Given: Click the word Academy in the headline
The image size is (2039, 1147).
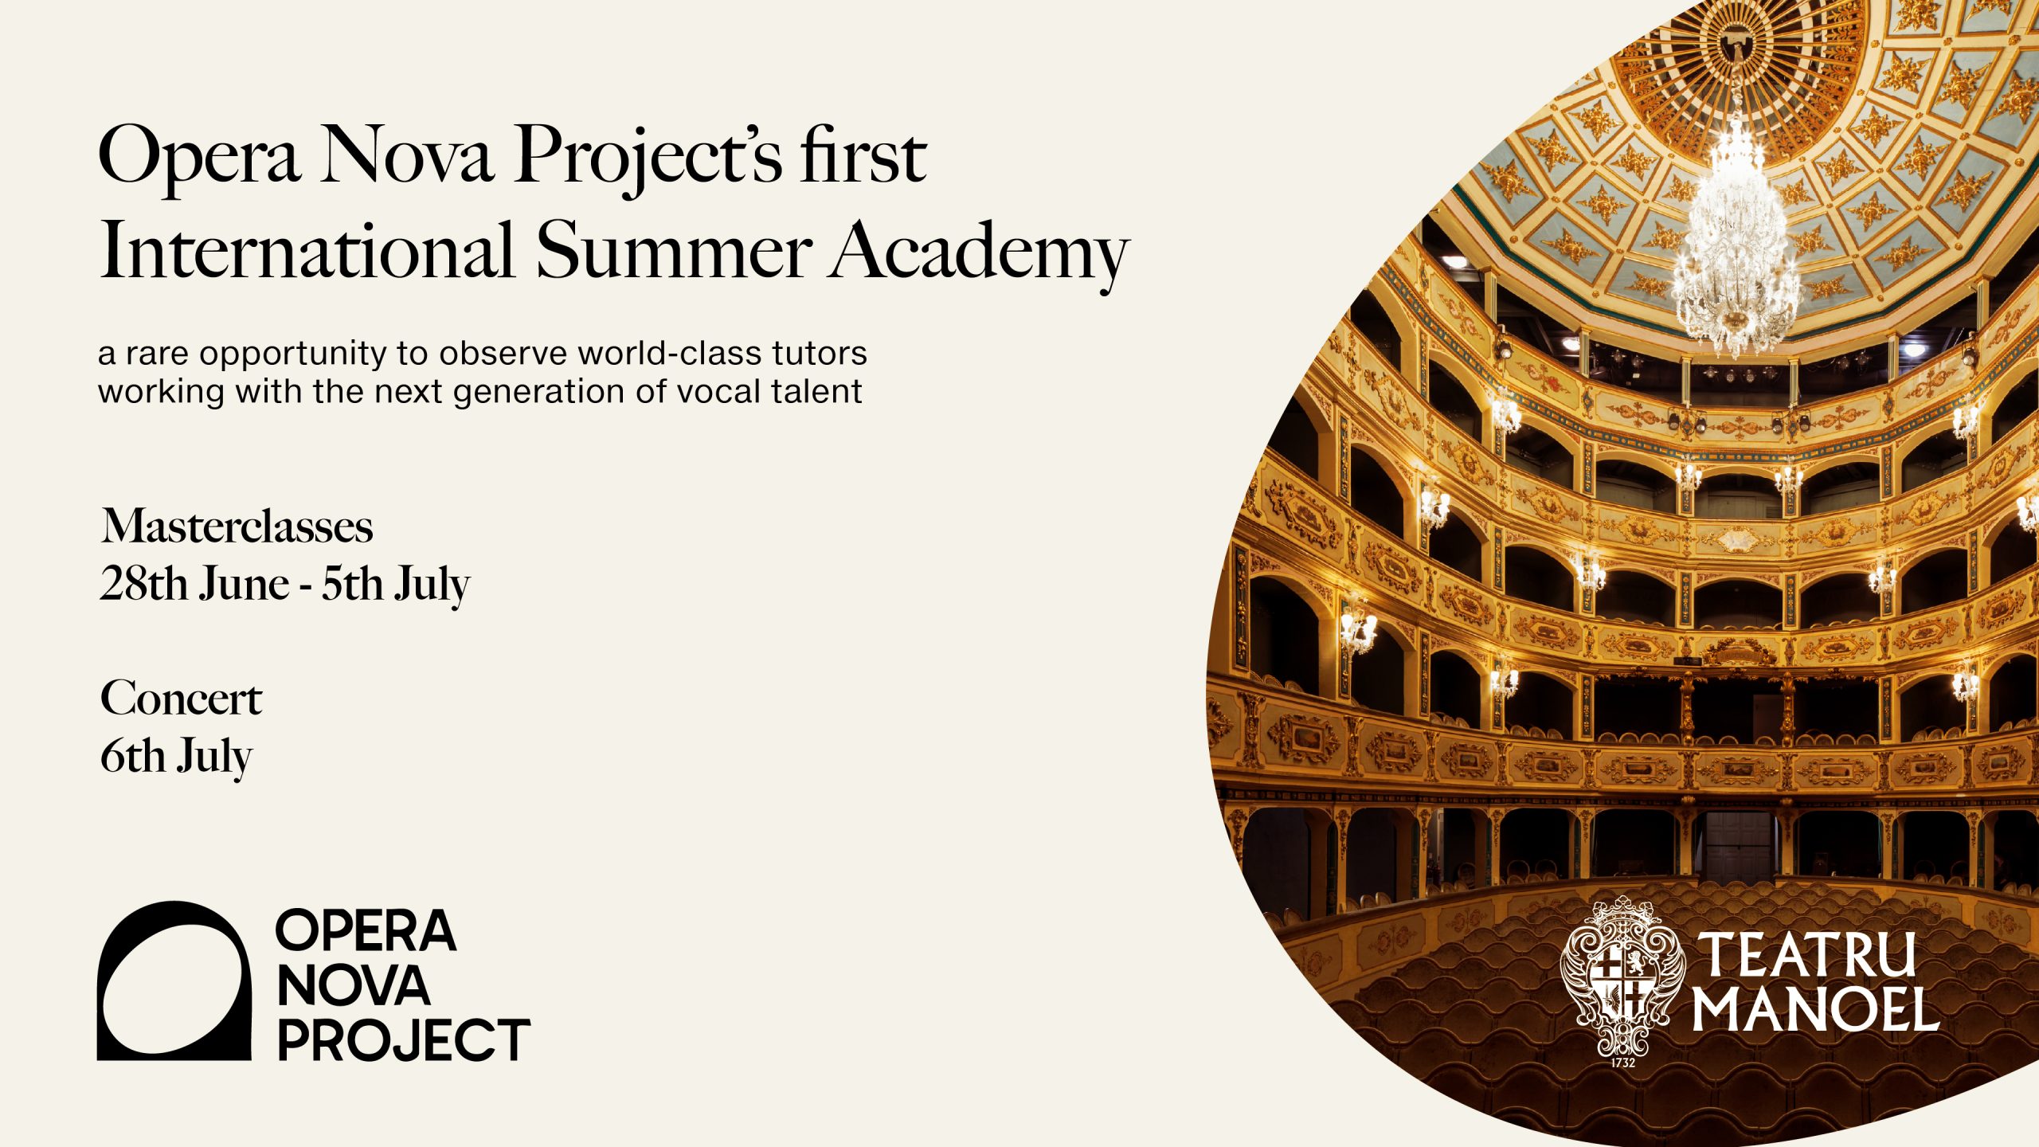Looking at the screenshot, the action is [979, 251].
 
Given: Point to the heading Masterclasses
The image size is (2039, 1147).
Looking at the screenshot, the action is [237, 527].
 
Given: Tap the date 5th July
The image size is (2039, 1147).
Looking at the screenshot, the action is [396, 585].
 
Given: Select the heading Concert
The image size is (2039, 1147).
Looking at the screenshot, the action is [181, 699].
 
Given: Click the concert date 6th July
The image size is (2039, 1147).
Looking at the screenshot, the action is [176, 757].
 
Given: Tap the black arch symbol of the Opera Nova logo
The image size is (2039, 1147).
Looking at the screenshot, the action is [174, 981].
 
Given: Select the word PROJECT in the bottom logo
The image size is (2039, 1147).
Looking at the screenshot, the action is [404, 1039].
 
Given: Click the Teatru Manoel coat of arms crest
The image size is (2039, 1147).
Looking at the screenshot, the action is [1622, 977].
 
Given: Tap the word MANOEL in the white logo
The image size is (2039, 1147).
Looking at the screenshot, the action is [1815, 1009].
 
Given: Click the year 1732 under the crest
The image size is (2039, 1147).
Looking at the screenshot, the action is [1622, 1063].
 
